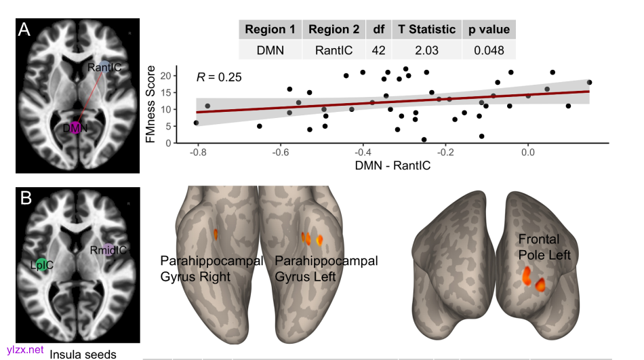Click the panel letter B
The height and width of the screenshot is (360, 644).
pos(26,199)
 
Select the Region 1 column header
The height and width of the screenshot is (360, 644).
pos(270,29)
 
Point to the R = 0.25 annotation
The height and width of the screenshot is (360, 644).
pos(219,77)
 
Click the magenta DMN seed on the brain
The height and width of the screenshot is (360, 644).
pos(75,127)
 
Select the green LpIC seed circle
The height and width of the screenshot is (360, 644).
pos(40,264)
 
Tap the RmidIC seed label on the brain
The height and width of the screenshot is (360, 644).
pos(108,250)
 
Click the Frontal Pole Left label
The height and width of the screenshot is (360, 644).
pos(544,247)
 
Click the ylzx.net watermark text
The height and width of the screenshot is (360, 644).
pos(26,350)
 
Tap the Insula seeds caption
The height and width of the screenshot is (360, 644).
pos(83,354)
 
